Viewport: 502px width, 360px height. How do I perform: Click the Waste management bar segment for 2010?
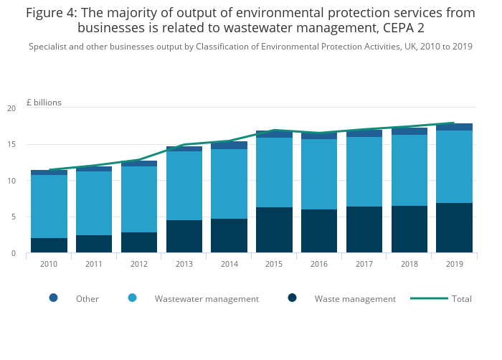[49, 245]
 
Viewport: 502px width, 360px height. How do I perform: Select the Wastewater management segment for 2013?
[184, 186]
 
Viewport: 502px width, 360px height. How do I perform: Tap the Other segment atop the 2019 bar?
[454, 127]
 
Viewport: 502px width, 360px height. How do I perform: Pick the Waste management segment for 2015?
[274, 230]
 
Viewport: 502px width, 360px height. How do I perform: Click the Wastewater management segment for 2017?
[364, 171]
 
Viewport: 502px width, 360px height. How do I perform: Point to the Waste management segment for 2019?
[454, 228]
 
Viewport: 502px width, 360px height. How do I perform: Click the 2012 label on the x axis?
[138, 264]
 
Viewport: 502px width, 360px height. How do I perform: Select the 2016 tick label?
[319, 264]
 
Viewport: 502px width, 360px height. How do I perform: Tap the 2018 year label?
[409, 264]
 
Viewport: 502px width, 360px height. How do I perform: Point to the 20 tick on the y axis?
[11, 108]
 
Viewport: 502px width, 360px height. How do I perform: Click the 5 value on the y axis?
[14, 217]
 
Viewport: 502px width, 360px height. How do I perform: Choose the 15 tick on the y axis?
[11, 145]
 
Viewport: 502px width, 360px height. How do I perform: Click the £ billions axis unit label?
[44, 103]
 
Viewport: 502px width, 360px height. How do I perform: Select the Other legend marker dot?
[53, 298]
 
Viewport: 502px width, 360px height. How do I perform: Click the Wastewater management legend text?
[207, 299]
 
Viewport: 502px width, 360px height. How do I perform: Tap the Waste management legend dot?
[292, 298]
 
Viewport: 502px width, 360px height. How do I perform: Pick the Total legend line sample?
[429, 298]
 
